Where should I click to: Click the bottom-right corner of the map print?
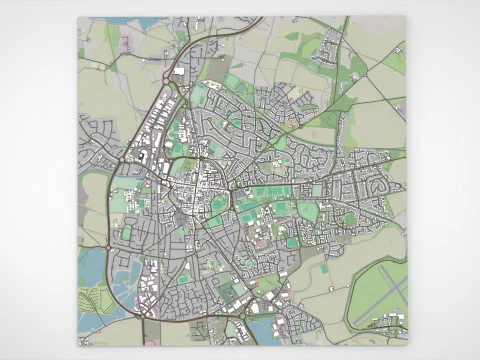point(407,345)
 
